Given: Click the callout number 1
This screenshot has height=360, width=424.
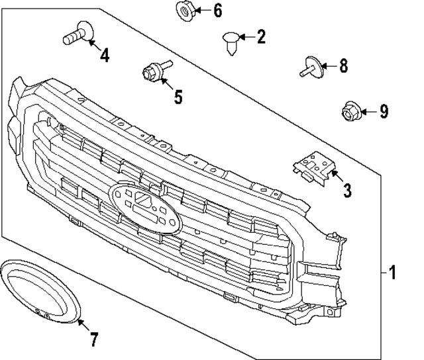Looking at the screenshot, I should [392, 272].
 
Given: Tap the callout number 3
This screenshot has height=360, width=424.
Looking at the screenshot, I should [347, 191].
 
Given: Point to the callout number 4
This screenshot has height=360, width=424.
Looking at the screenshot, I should [105, 56].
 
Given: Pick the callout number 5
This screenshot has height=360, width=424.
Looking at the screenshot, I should [178, 97].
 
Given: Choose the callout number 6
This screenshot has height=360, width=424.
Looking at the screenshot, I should [218, 11].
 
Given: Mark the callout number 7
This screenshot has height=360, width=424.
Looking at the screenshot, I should [93, 340].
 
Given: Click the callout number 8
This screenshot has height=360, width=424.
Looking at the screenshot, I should [343, 66].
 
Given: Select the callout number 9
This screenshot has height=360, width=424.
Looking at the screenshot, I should [384, 111].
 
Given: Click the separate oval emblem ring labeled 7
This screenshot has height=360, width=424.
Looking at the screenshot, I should [40, 292].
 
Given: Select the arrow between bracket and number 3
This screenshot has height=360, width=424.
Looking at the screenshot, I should [335, 176].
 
